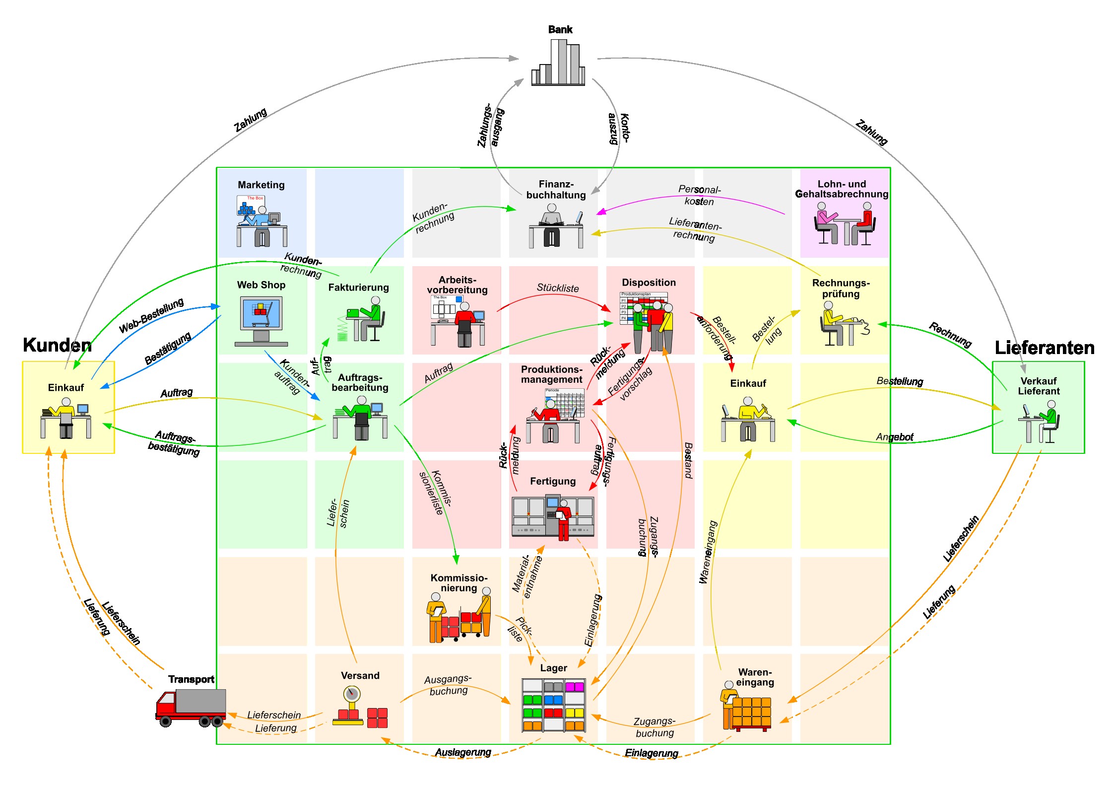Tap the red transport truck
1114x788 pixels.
(191, 707)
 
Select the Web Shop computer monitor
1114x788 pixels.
(261, 313)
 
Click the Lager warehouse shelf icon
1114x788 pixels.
(553, 706)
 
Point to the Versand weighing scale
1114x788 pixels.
(351, 706)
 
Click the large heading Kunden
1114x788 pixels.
(57, 345)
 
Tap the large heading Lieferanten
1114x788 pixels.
(1044, 348)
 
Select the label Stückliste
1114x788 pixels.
(557, 288)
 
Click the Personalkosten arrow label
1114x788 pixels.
(699, 195)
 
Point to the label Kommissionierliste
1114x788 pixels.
(436, 492)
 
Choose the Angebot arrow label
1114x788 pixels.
(894, 437)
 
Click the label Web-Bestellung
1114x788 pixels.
(151, 315)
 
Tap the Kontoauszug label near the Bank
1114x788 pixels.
(619, 128)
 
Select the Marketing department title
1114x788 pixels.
(261, 185)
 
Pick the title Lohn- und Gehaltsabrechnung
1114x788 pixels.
(842, 189)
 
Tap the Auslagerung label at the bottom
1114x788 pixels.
(462, 752)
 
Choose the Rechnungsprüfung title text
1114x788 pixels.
(841, 288)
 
